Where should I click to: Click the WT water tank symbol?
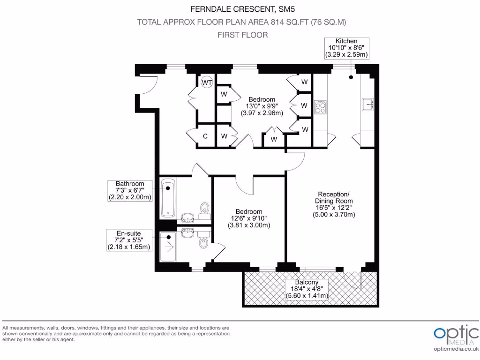point(207,82)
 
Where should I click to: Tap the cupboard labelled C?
point(205,136)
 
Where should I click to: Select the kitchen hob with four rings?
point(321,108)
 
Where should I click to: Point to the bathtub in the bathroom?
point(168,198)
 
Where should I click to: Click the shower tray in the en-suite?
point(167,247)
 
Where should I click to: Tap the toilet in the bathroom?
point(204,210)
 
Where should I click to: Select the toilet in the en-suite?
point(203,241)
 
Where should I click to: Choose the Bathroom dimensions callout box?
point(130,190)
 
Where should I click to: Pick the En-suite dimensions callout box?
point(129,240)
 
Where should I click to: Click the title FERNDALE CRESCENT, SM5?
point(240,8)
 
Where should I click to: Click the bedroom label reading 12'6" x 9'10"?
point(249,218)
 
